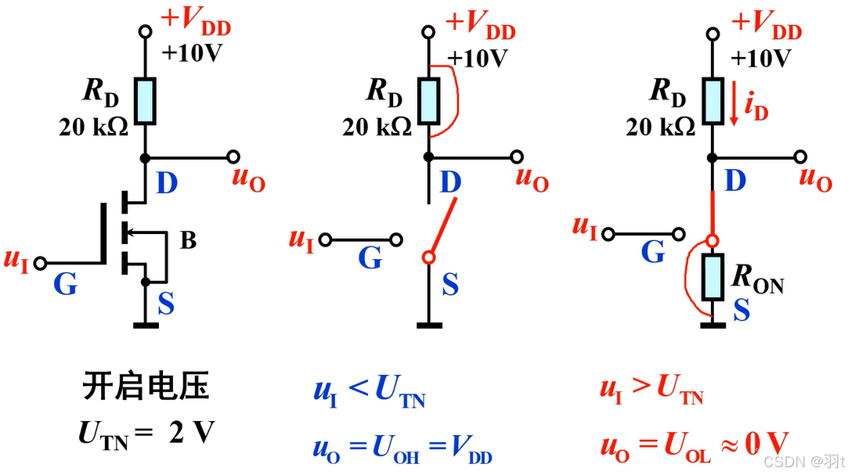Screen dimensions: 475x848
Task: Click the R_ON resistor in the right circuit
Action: point(712,277)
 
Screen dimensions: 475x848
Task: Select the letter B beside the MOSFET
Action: point(188,240)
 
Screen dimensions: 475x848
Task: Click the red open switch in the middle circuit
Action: point(438,227)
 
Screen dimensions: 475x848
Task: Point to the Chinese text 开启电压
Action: point(146,389)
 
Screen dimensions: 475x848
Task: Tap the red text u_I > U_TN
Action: point(651,389)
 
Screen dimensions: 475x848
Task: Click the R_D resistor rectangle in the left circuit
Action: point(145,100)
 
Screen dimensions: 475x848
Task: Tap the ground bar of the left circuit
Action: point(145,324)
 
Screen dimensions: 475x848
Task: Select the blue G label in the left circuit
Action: point(65,285)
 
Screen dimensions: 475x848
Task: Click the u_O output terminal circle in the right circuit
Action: point(799,157)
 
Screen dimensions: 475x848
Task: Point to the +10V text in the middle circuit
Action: point(478,59)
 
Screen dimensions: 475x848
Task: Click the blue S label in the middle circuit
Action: point(449,284)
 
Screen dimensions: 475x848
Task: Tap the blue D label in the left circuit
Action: point(166,185)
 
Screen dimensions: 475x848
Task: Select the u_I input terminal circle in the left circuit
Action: point(41,262)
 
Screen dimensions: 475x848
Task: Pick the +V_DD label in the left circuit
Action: point(196,23)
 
